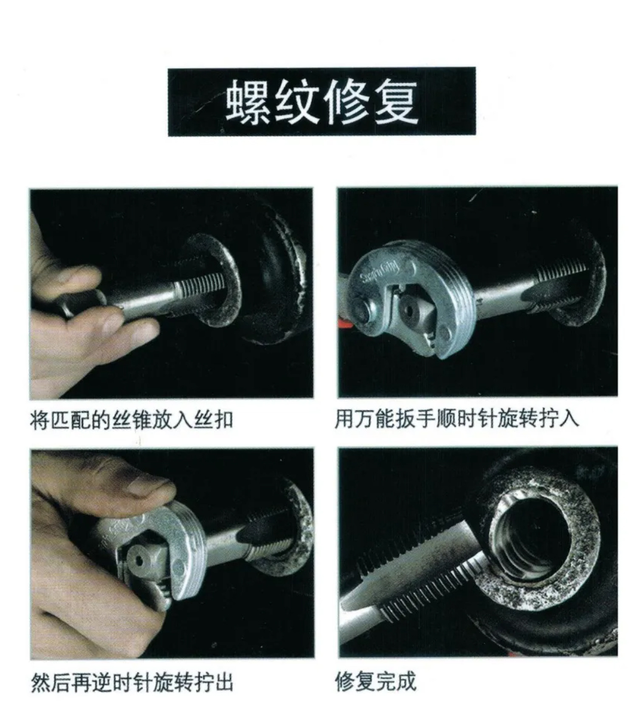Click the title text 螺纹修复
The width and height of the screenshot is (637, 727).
(321, 102)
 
